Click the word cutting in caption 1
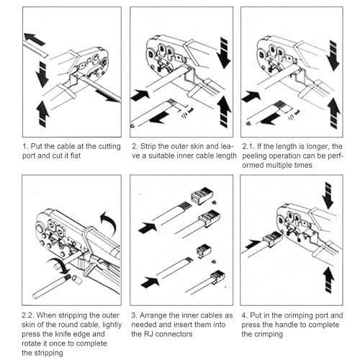(x=107, y=146)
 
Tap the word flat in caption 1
(x=76, y=156)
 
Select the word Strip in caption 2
(x=148, y=146)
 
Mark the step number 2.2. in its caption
(x=27, y=315)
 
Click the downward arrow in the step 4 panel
(x=328, y=195)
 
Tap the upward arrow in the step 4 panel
(x=328, y=279)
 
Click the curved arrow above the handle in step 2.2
(x=109, y=222)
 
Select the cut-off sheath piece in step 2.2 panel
(x=76, y=280)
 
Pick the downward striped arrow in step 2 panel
(x=224, y=53)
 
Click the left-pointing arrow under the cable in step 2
(x=159, y=117)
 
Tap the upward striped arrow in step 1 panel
(x=43, y=113)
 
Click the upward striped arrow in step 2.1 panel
(x=334, y=113)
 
